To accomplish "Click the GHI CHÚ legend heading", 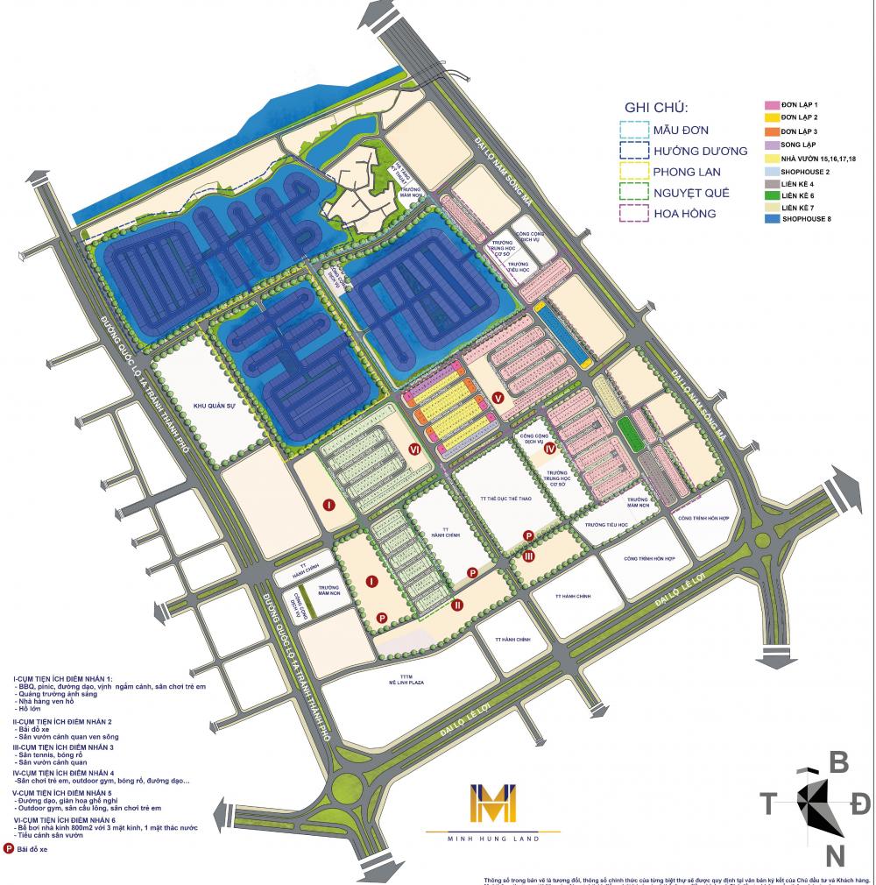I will tap(656, 108).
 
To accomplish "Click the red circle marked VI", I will tap(416, 450).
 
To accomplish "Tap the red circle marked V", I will tap(498, 397).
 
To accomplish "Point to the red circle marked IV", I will tap(550, 449).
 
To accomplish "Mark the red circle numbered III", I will tap(529, 556).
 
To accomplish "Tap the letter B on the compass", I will tap(838, 762).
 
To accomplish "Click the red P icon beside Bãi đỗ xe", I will tap(10, 848).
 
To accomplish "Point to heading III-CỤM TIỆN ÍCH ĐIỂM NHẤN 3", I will tap(66, 747).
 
